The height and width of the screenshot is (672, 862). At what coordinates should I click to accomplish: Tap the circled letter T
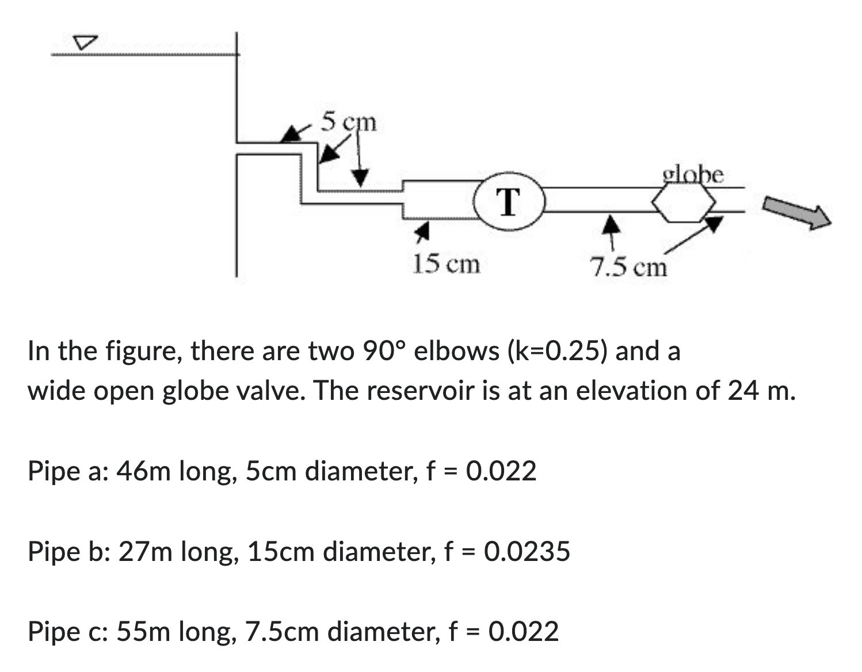coord(508,201)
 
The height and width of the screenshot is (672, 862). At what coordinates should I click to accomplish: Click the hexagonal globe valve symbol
coord(683,203)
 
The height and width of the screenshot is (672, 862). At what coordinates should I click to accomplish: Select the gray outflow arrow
coord(797,212)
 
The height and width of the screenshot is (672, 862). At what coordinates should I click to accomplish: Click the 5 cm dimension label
coord(348,122)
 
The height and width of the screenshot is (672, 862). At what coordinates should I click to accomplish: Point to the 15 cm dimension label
coord(446,264)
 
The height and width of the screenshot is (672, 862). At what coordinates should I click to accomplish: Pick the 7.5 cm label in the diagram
coord(628,267)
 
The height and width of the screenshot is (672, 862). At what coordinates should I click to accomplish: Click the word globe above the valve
coord(693,174)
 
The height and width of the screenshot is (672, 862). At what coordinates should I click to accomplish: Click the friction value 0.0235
coord(527,551)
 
